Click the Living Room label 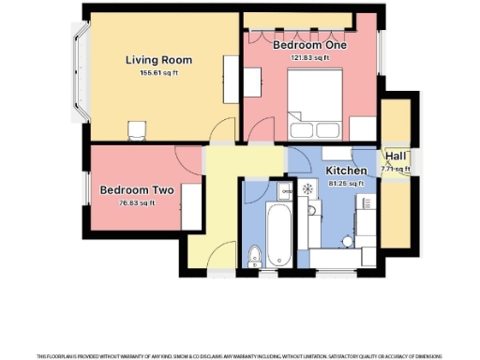coord(152,61)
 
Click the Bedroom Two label coord(132,190)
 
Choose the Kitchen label coord(346,171)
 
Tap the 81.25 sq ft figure coord(346,183)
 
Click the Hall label coord(395,157)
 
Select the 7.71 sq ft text coord(395,169)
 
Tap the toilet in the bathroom coord(253,256)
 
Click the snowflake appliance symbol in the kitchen coord(306,188)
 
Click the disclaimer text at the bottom coord(240,355)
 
